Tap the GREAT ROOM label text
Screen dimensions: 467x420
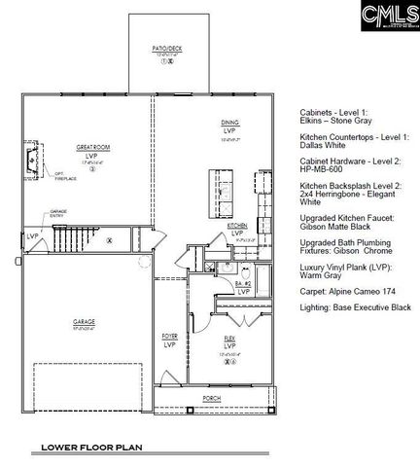pyautogui.click(x=90, y=148)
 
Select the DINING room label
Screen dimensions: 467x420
pyautogui.click(x=229, y=123)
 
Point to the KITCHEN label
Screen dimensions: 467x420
pyautogui.click(x=237, y=225)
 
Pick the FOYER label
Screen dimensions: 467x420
pyautogui.click(x=169, y=337)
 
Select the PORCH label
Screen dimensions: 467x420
pyautogui.click(x=211, y=398)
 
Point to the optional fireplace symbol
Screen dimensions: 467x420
pyautogui.click(x=41, y=171)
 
